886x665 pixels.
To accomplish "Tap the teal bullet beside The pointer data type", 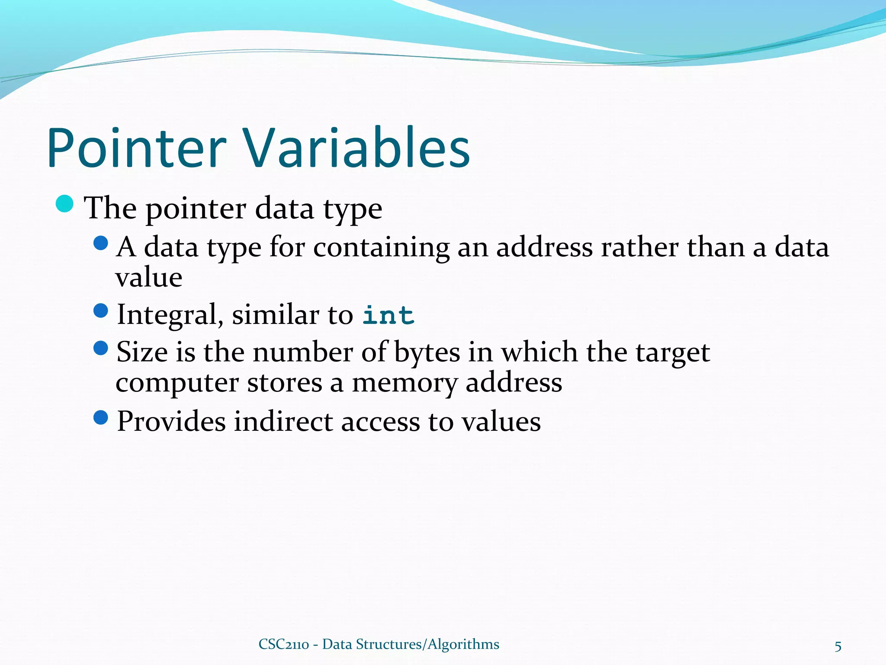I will (65, 203).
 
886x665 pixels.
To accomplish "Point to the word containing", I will (381, 248).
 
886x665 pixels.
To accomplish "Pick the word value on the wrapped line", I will (148, 278).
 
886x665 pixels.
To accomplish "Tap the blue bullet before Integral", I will (100, 310).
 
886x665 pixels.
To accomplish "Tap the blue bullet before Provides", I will (100, 417).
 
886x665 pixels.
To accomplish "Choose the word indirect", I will (283, 422).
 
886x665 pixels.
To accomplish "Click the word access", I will (380, 422).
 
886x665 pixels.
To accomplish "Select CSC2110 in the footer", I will (283, 644).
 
